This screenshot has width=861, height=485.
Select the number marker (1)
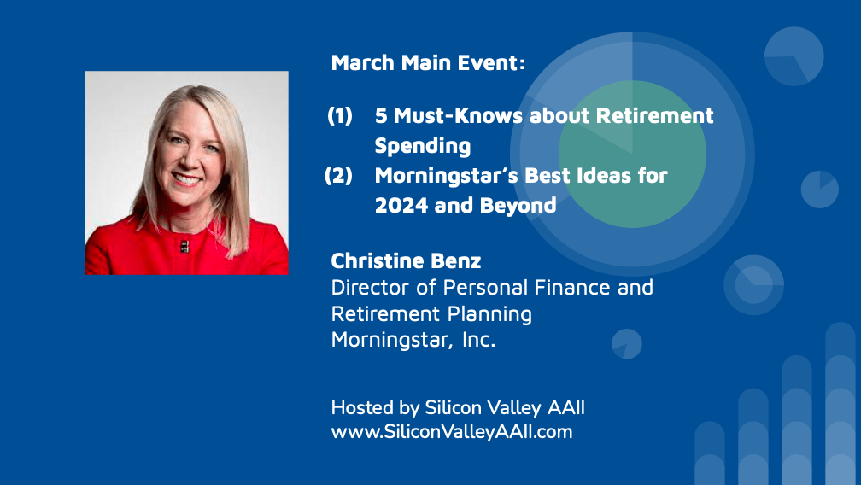(x=340, y=116)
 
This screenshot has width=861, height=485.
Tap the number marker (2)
(x=338, y=176)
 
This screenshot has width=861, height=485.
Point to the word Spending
(x=422, y=147)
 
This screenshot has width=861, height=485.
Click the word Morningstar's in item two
(x=446, y=176)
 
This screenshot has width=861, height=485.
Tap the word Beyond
(x=518, y=206)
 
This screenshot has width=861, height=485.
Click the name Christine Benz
(x=406, y=261)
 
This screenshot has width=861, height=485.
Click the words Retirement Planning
(x=431, y=314)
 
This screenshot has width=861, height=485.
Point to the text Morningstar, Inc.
(x=413, y=340)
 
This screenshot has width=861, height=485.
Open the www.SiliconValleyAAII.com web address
(x=451, y=432)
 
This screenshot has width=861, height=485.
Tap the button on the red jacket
(x=184, y=246)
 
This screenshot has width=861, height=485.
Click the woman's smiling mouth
(x=186, y=178)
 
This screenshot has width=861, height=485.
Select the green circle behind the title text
(x=632, y=155)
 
